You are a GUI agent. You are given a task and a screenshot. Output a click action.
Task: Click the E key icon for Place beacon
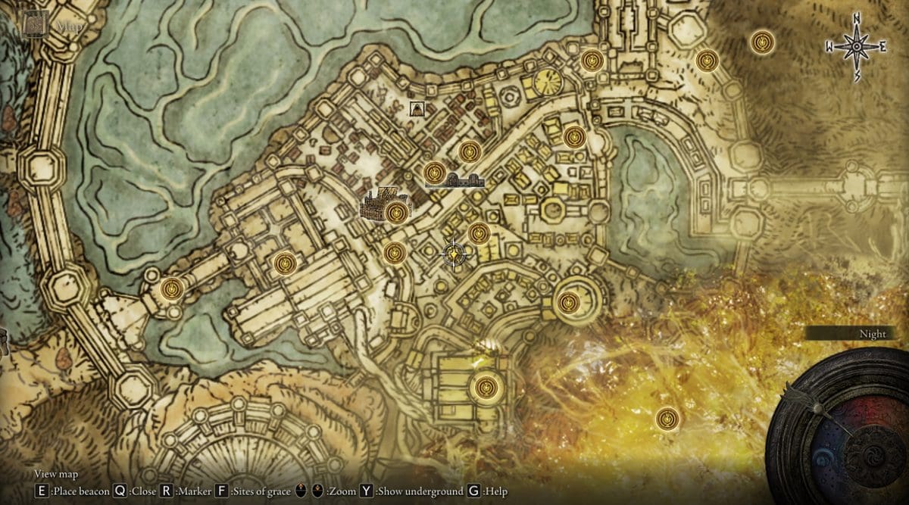point(41,491)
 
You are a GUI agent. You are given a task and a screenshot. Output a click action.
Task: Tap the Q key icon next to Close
point(120,491)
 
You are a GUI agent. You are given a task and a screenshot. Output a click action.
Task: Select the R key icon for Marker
point(167,491)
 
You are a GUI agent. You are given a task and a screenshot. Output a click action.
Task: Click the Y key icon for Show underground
point(367,491)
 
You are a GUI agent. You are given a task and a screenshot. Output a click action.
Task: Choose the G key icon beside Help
point(474,491)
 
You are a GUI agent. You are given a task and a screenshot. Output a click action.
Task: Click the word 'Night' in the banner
point(873,334)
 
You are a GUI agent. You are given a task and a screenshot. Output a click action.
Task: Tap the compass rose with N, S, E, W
point(856,47)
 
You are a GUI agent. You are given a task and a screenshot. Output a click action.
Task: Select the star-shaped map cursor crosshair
point(454,255)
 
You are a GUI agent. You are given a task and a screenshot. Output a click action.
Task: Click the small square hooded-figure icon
point(416,108)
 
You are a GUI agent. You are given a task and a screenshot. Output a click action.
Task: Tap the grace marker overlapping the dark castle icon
point(395,213)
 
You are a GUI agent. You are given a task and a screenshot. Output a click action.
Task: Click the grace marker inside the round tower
point(568,303)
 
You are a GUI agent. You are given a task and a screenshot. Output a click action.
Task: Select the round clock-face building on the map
point(546,81)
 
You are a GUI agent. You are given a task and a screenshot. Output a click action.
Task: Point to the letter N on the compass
point(856,18)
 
